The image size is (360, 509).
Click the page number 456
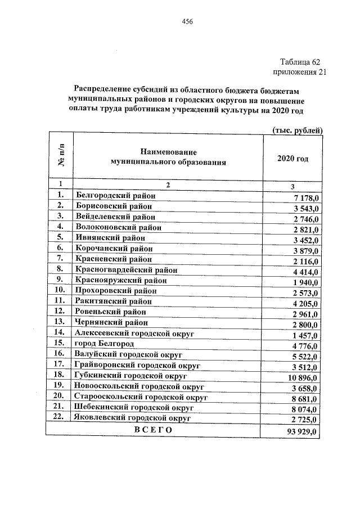click(187, 22)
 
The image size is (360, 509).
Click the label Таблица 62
click(300, 61)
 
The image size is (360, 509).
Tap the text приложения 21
click(299, 71)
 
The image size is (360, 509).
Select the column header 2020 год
click(292, 159)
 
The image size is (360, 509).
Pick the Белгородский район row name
click(115, 195)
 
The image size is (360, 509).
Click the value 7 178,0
click(306, 199)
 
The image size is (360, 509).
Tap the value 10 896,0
click(304, 377)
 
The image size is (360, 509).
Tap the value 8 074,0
click(306, 409)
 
